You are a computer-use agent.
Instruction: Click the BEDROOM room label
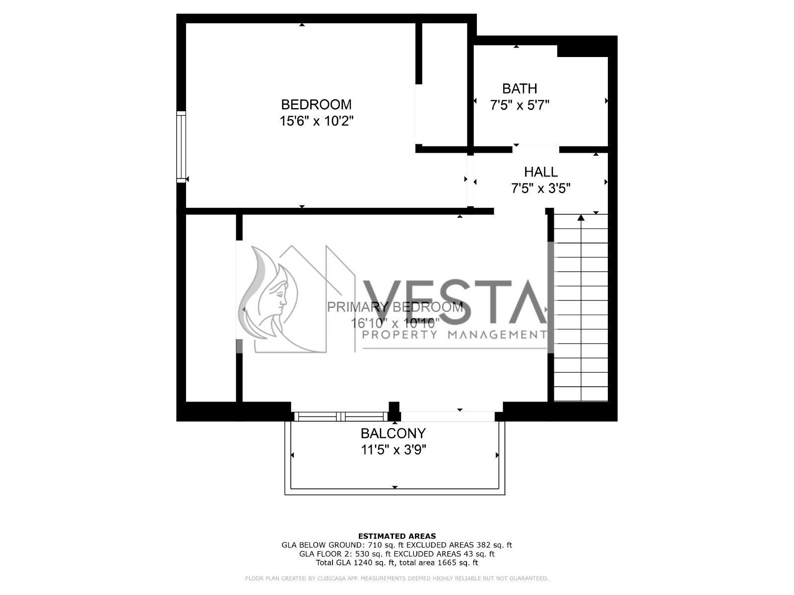pos(316,105)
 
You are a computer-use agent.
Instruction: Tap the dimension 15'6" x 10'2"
pos(316,121)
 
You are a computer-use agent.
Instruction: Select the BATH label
pos(519,89)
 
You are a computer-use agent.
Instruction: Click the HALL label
pos(540,172)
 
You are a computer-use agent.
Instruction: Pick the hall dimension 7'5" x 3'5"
pos(540,188)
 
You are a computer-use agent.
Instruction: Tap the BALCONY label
pos(393,434)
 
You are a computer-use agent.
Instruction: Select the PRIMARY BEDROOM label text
pos(395,307)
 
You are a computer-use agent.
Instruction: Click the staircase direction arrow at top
pos(581,217)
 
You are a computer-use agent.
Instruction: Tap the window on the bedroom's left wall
pos(181,147)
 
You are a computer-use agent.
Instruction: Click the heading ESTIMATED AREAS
pos(397,536)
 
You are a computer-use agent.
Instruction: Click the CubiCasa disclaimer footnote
pos(397,579)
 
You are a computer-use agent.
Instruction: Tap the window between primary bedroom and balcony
pos(340,416)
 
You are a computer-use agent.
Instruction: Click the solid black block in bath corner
pos(582,51)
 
